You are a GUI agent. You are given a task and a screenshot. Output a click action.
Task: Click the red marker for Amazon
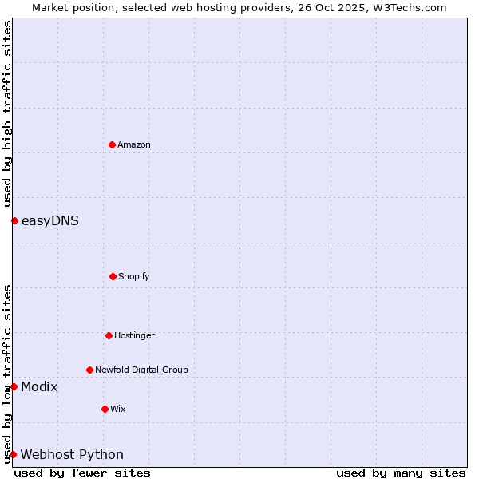112,144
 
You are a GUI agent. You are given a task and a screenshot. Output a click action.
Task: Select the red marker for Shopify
113,276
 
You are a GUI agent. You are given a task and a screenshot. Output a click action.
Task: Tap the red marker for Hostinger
109,335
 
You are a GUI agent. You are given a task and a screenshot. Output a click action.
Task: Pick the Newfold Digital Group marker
89,370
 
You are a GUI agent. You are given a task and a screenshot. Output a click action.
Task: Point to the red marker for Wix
105,409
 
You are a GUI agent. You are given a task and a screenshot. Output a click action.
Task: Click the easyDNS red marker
14,220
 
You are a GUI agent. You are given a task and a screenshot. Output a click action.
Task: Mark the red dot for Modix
14,386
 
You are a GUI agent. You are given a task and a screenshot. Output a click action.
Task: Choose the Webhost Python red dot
13,454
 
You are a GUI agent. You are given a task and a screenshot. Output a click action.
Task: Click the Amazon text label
134,145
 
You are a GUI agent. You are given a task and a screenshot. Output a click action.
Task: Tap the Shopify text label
134,277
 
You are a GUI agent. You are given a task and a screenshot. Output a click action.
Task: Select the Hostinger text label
134,336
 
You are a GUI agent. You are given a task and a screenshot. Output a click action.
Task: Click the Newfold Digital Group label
141,370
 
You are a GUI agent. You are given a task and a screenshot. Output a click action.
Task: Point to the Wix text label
118,410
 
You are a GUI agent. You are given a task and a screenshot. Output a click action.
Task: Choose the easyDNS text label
50,221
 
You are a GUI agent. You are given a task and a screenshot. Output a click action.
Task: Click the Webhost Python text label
72,455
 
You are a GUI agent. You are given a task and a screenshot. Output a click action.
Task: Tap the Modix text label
39,387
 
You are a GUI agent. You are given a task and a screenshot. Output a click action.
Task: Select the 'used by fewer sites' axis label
82,473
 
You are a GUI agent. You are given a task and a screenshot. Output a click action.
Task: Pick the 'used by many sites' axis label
401,473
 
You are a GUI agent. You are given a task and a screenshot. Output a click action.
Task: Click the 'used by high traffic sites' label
7,113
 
